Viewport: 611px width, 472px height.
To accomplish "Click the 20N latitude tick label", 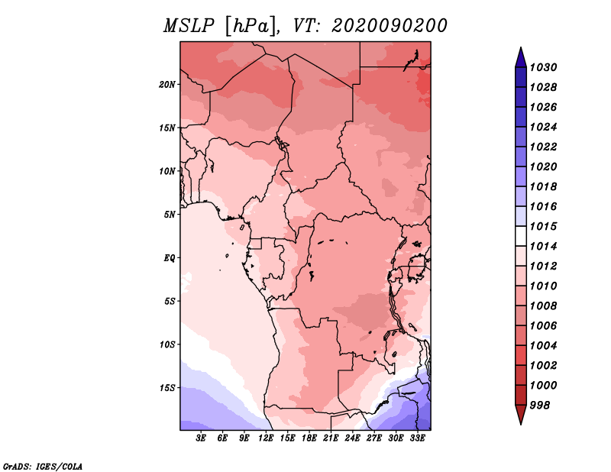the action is (x=167, y=85).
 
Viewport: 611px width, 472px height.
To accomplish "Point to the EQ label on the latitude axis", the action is (x=170, y=258).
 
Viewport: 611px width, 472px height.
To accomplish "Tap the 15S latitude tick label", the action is (x=167, y=388).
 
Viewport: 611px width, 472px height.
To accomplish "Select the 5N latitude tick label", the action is (x=170, y=215).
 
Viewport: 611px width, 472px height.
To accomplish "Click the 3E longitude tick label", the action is (x=201, y=438).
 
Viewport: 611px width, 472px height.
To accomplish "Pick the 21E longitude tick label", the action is (x=331, y=438).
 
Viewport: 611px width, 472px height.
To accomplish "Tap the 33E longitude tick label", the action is (x=417, y=438).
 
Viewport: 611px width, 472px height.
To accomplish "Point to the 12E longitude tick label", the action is (x=266, y=438).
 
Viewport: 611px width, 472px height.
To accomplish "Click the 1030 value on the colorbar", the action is (x=543, y=67).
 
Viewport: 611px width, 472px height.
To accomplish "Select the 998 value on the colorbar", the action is (x=540, y=406).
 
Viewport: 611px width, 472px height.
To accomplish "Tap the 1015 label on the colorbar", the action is (x=543, y=226).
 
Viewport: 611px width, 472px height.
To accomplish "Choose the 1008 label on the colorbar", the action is (x=543, y=306).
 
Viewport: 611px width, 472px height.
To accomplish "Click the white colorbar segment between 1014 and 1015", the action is (x=521, y=236).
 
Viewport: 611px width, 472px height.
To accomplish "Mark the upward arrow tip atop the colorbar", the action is (x=521, y=47).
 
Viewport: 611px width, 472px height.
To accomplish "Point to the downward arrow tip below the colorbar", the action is (x=521, y=424).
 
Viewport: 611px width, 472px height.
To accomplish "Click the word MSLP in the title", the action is (x=189, y=26).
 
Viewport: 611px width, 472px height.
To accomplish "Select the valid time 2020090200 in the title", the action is (x=390, y=26).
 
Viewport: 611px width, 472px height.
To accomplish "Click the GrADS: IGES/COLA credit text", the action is (x=43, y=467).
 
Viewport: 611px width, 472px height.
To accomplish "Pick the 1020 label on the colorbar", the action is (x=543, y=166).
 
